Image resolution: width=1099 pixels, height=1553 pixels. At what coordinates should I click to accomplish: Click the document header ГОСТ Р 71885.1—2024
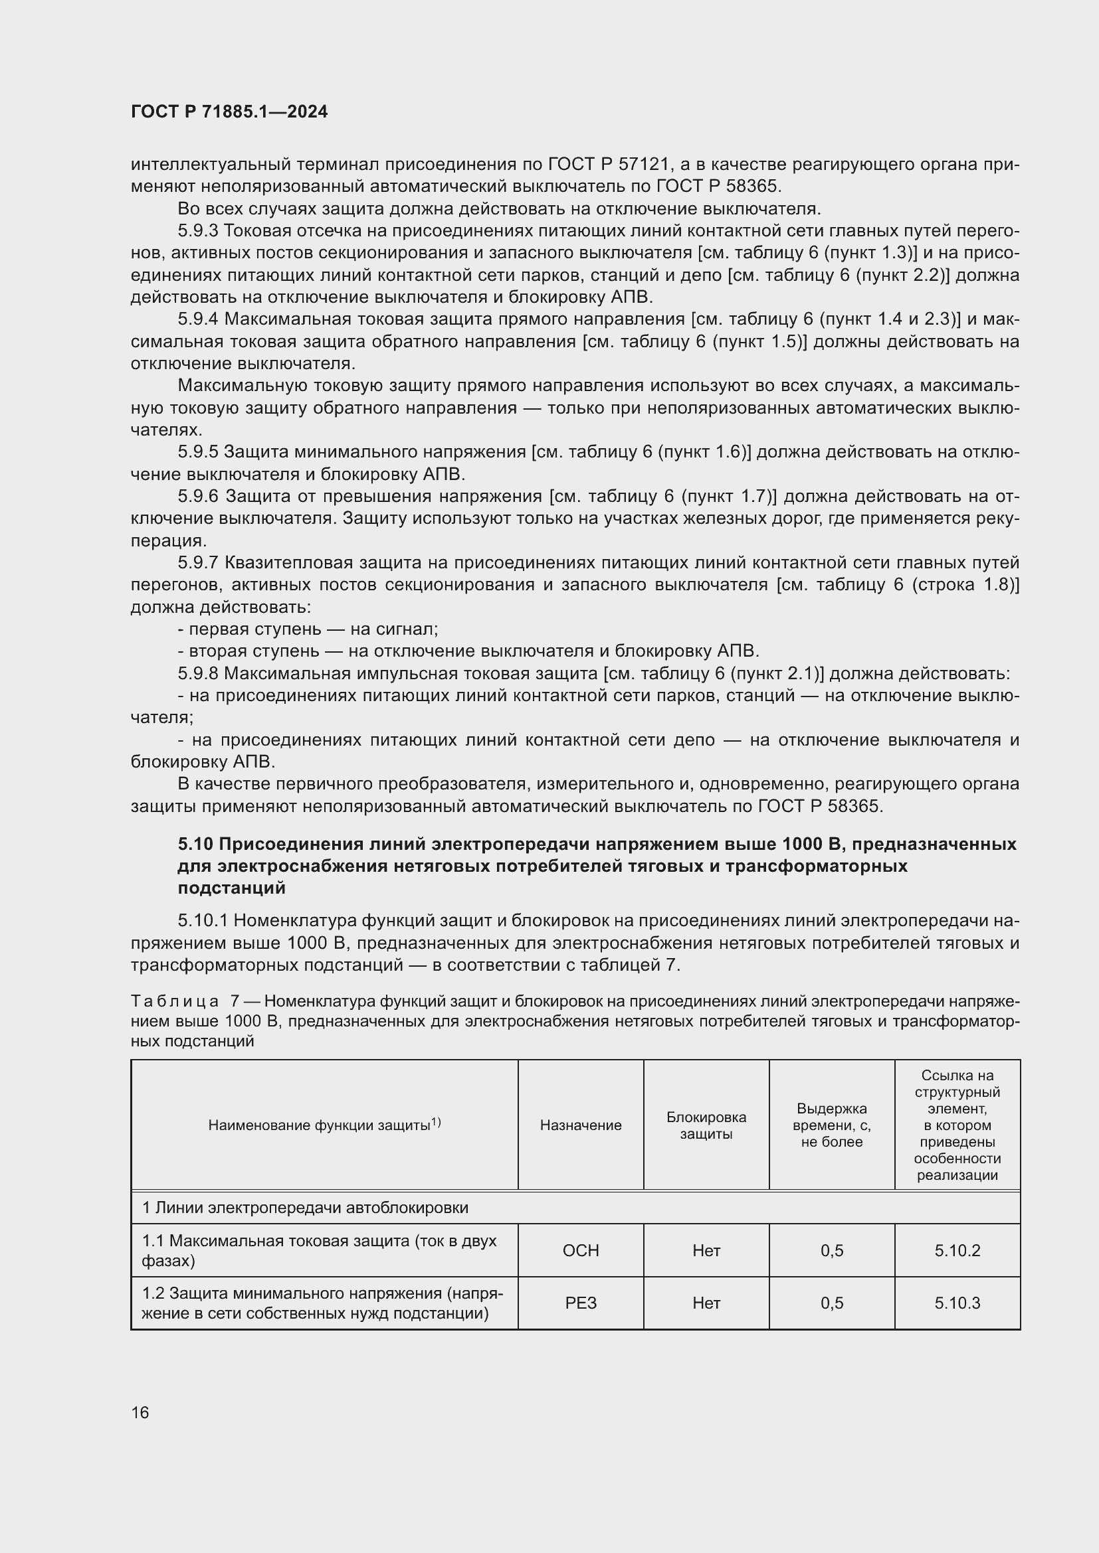coord(229,112)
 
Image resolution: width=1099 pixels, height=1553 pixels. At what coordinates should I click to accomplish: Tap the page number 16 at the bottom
coord(140,1412)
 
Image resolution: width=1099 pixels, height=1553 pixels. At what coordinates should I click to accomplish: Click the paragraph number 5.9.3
coord(197,230)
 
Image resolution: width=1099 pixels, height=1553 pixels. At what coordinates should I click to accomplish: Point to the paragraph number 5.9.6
coord(197,497)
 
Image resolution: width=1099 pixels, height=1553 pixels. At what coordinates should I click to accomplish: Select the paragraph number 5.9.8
coord(197,674)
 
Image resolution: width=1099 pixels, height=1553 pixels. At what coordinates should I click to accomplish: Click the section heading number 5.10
coord(195,844)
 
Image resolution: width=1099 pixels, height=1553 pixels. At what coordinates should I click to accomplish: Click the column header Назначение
coord(581,1125)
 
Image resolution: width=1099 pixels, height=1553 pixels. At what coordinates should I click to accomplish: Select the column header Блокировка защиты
coord(706,1125)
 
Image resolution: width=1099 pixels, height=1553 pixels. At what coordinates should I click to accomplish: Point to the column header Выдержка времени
coord(832,1125)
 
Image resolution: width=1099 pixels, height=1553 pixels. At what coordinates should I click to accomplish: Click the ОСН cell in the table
coord(581,1251)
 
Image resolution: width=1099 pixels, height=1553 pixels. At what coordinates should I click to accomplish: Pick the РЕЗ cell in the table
coord(581,1303)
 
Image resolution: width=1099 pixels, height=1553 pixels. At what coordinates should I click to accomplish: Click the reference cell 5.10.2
coord(957,1251)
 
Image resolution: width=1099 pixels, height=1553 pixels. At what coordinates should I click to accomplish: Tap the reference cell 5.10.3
coord(957,1303)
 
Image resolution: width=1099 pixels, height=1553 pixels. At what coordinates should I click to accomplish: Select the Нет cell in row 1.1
coord(706,1251)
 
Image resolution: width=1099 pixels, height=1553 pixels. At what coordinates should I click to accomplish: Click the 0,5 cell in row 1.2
coord(832,1303)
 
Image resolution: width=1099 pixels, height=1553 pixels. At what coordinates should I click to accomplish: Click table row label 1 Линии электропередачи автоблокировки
coord(304,1207)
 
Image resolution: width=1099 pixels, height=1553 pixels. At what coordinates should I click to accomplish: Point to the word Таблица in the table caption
coord(175,1001)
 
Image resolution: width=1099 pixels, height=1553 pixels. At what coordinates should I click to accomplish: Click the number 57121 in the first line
coord(643,165)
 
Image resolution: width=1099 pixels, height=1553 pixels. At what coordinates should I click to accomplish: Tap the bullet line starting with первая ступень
coord(308,629)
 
